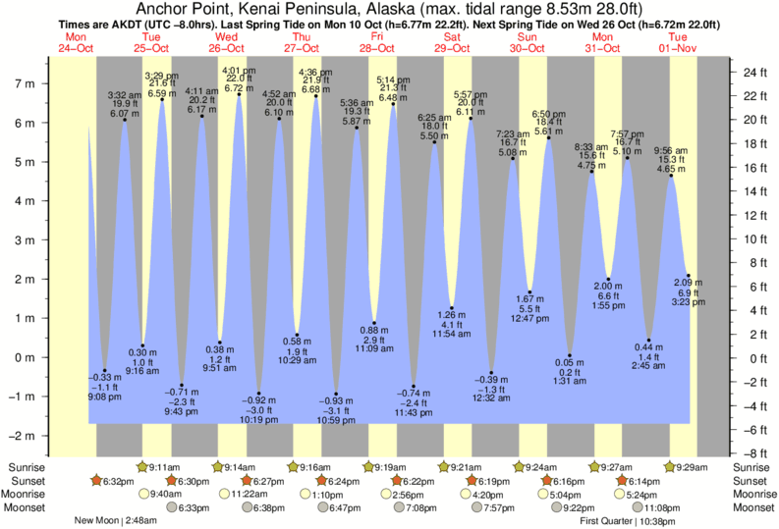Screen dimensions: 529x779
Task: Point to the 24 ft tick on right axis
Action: coord(752,72)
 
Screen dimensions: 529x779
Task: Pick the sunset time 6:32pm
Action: coord(114,481)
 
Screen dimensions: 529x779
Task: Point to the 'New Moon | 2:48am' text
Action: coord(115,521)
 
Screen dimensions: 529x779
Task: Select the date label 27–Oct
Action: coord(302,47)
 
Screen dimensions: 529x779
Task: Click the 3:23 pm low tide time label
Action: coord(689,303)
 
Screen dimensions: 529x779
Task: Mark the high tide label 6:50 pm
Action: coord(548,114)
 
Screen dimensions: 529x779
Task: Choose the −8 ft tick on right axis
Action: coord(752,453)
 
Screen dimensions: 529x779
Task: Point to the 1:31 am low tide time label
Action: coord(570,381)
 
